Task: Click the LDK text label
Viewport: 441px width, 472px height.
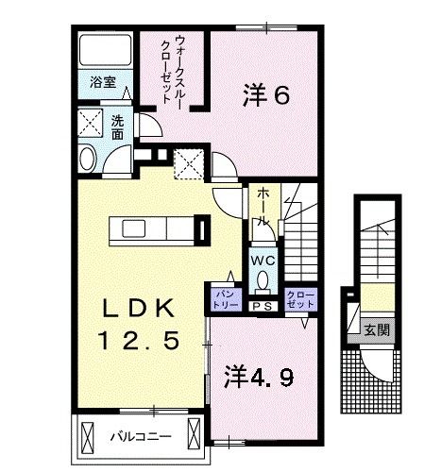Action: click(139, 309)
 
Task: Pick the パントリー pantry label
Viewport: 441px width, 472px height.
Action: click(224, 298)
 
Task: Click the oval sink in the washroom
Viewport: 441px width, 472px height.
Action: click(88, 158)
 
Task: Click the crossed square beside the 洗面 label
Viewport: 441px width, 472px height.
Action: click(91, 123)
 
